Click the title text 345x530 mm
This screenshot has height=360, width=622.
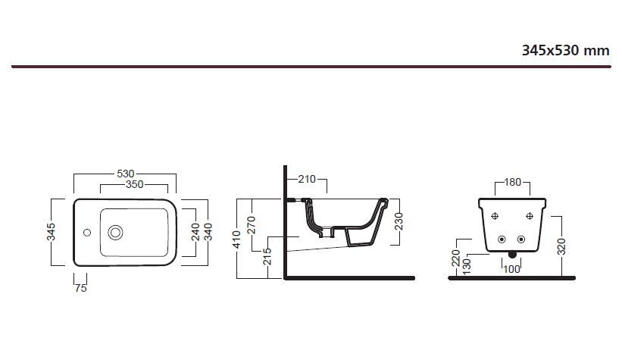click(565, 51)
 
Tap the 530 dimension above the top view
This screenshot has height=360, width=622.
click(125, 174)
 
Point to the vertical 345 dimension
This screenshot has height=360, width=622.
click(52, 232)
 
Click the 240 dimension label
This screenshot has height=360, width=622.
click(195, 232)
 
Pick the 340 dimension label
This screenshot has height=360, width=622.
click(207, 232)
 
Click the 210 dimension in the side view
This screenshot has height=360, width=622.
click(307, 180)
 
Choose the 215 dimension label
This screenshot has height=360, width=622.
click(266, 257)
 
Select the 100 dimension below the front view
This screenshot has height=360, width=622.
click(512, 269)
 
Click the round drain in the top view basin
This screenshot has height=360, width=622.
click(117, 232)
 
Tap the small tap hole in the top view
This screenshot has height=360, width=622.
click(86, 232)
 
